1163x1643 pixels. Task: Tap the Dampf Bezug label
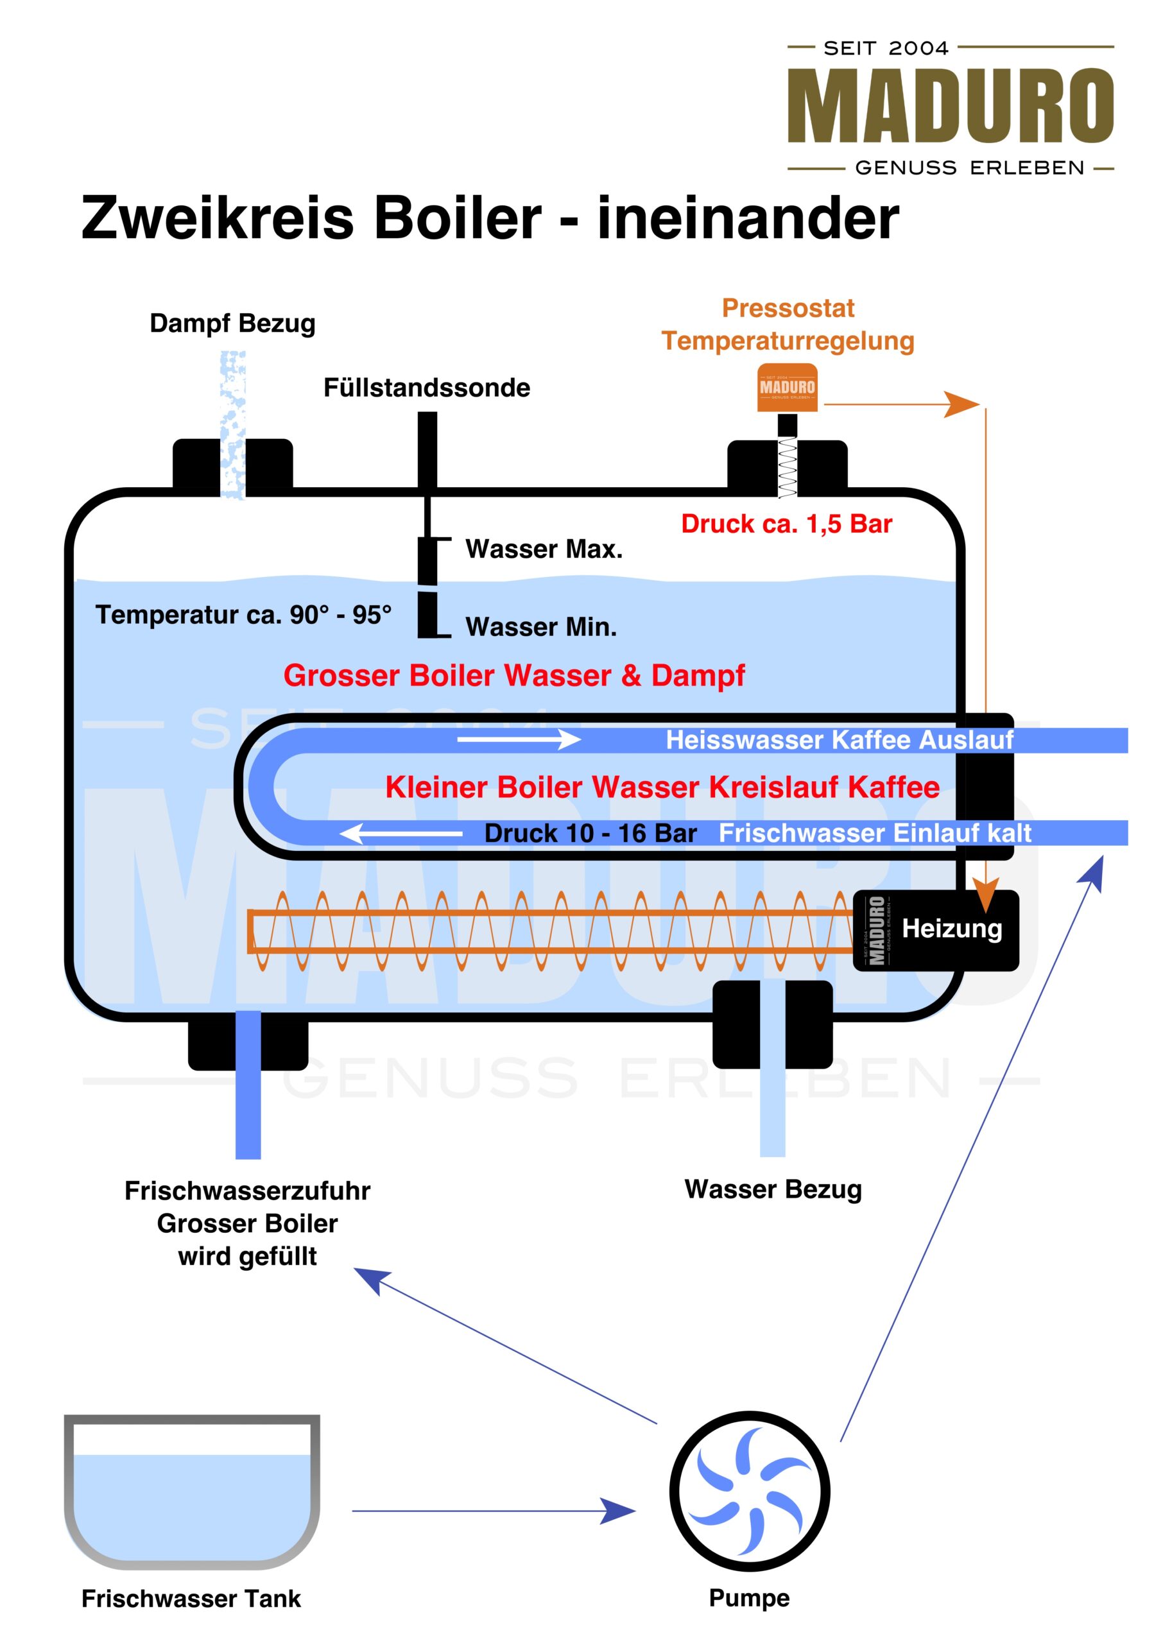[x=232, y=323]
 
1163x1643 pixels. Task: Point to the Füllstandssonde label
[x=427, y=388]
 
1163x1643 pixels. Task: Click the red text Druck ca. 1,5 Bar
[x=786, y=524]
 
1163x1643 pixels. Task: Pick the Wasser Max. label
[x=544, y=549]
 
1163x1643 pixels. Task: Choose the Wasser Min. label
[x=540, y=627]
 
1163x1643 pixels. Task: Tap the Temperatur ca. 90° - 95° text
[x=243, y=615]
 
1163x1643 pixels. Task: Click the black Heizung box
[x=936, y=929]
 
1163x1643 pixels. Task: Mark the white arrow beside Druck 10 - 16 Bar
[x=401, y=833]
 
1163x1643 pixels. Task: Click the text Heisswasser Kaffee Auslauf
[x=840, y=740]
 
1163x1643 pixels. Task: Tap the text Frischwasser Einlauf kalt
[x=874, y=833]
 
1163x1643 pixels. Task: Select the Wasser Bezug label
[x=773, y=1189]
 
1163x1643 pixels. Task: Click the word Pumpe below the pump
[x=749, y=1598]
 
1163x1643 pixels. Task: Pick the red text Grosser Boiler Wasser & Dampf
[x=513, y=676]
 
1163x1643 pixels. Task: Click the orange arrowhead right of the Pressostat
[x=961, y=404]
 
